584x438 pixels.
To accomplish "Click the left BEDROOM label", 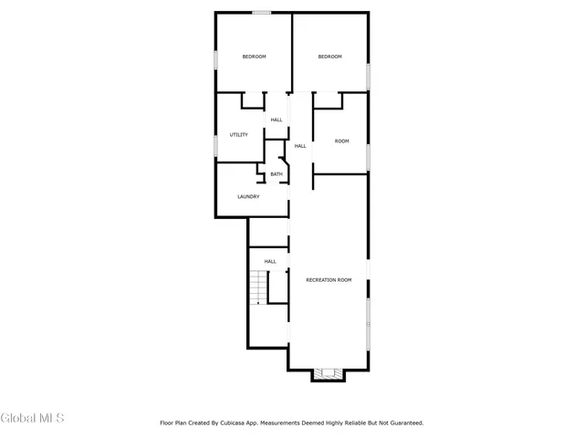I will pyautogui.click(x=254, y=57).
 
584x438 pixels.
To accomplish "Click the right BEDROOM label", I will pyautogui.click(x=329, y=57).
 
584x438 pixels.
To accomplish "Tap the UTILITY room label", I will pyautogui.click(x=239, y=135).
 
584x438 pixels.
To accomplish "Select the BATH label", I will pyautogui.click(x=276, y=174).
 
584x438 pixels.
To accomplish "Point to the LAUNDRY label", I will pyautogui.click(x=248, y=196).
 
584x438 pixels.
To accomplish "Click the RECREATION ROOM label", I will pyautogui.click(x=328, y=279).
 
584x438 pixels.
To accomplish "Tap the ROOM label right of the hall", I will pyautogui.click(x=341, y=141).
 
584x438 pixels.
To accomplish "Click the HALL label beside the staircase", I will pyautogui.click(x=270, y=262).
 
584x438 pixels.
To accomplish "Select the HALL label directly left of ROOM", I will pyautogui.click(x=299, y=146).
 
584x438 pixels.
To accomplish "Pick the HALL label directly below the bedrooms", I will pyautogui.click(x=276, y=120).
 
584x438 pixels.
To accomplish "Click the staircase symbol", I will pyautogui.click(x=258, y=289).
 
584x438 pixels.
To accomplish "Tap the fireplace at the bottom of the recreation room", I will pyautogui.click(x=328, y=373).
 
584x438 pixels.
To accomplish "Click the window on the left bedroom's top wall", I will pyautogui.click(x=262, y=12).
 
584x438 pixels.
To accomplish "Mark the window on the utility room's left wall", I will pyautogui.click(x=215, y=144).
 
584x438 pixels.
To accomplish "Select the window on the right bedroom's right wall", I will pyautogui.click(x=369, y=76).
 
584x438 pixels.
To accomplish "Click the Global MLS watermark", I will pyautogui.click(x=33, y=419).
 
